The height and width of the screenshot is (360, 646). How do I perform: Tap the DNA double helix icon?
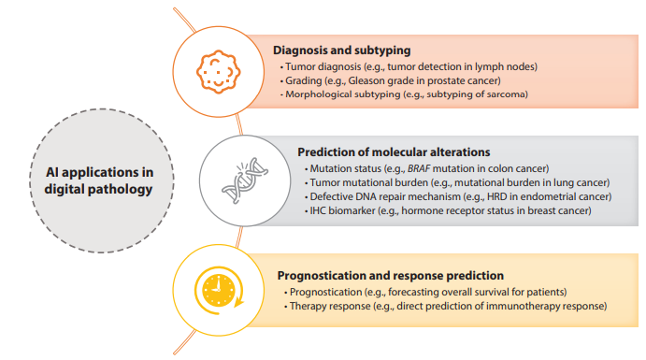coord(239,180)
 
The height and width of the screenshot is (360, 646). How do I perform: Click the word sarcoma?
coord(505,94)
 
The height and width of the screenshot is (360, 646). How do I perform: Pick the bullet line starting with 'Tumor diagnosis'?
coord(409,66)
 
